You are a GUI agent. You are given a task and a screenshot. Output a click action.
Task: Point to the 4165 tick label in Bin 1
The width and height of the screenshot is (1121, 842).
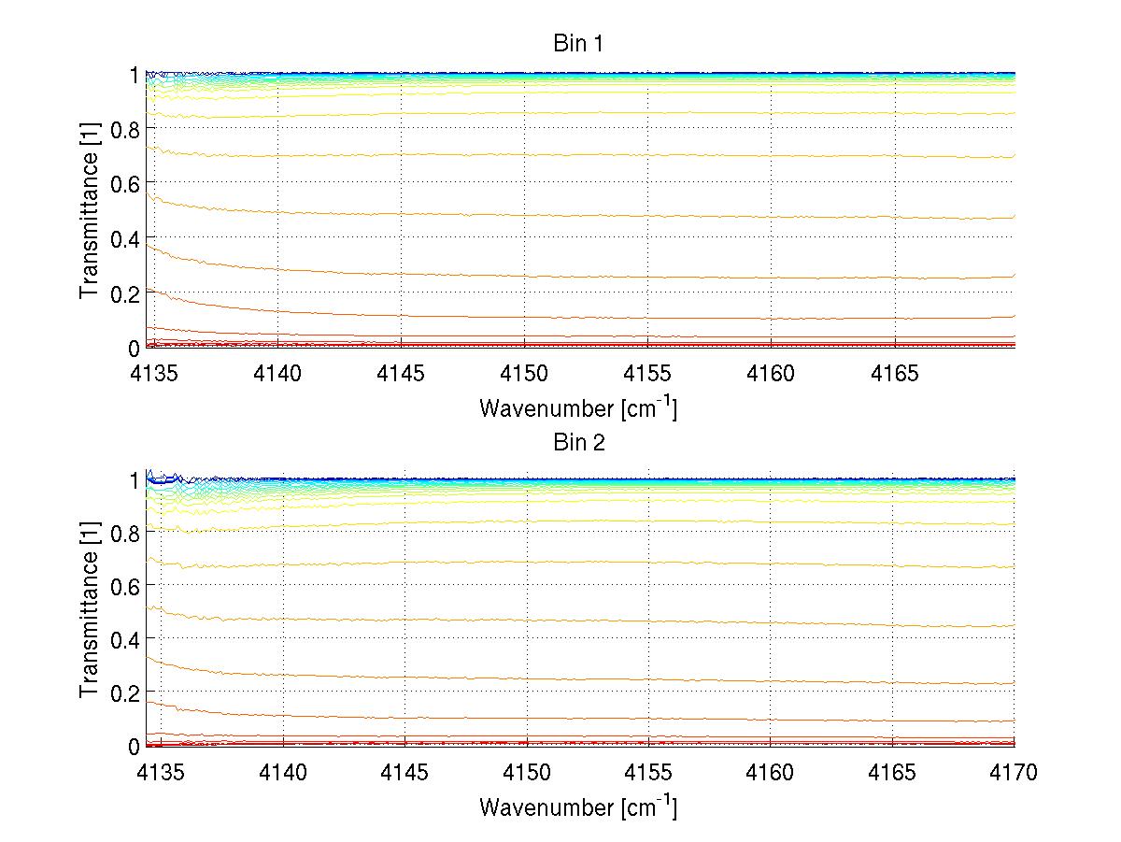pyautogui.click(x=895, y=374)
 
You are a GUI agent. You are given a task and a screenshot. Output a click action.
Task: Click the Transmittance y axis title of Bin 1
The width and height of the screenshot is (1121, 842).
pyautogui.click(x=89, y=211)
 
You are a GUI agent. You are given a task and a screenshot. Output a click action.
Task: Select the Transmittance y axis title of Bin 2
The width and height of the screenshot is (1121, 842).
pyautogui.click(x=89, y=611)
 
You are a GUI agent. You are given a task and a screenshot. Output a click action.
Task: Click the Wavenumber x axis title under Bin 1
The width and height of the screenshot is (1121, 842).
pyautogui.click(x=578, y=408)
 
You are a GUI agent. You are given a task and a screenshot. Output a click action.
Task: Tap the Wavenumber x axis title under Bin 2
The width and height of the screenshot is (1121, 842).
pyautogui.click(x=578, y=806)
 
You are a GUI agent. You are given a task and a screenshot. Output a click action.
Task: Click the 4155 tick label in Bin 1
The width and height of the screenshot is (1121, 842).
pyautogui.click(x=648, y=374)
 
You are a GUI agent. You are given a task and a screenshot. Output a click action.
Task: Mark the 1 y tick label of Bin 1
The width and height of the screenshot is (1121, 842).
pyautogui.click(x=135, y=74)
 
